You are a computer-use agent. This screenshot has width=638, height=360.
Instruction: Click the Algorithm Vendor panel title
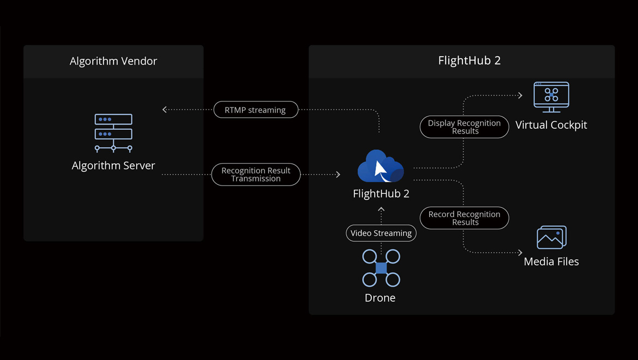(x=113, y=61)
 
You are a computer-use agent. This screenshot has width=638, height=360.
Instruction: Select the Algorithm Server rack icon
(x=113, y=133)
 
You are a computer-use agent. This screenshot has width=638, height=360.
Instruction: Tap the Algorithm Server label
(x=113, y=166)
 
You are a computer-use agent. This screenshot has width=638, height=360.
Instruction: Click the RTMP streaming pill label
(x=256, y=110)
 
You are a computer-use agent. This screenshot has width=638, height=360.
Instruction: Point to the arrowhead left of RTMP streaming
(x=164, y=110)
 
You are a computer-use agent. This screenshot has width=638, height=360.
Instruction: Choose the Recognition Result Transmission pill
(x=256, y=175)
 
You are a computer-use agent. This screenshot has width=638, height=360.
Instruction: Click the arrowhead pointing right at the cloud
(x=338, y=175)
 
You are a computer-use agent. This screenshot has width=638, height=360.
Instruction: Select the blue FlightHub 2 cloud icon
(x=381, y=166)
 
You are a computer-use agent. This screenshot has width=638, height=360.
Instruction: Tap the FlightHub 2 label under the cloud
(x=381, y=194)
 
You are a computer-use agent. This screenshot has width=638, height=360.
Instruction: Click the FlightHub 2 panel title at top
(x=469, y=61)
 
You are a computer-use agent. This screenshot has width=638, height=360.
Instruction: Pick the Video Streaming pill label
(x=381, y=233)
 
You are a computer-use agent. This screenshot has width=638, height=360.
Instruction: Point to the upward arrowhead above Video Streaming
(x=381, y=209)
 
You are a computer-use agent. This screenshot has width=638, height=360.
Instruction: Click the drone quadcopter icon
(x=381, y=268)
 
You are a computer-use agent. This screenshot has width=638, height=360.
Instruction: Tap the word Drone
(x=380, y=298)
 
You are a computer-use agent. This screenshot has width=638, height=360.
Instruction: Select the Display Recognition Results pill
(x=464, y=127)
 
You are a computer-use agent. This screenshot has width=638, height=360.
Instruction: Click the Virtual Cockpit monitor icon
(x=551, y=97)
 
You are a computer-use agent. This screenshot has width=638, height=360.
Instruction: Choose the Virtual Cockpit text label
(x=551, y=125)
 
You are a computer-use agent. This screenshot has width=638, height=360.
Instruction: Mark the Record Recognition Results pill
(x=464, y=218)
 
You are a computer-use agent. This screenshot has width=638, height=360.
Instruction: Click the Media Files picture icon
(x=552, y=237)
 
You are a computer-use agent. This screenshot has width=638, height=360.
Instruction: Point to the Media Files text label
(x=551, y=262)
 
